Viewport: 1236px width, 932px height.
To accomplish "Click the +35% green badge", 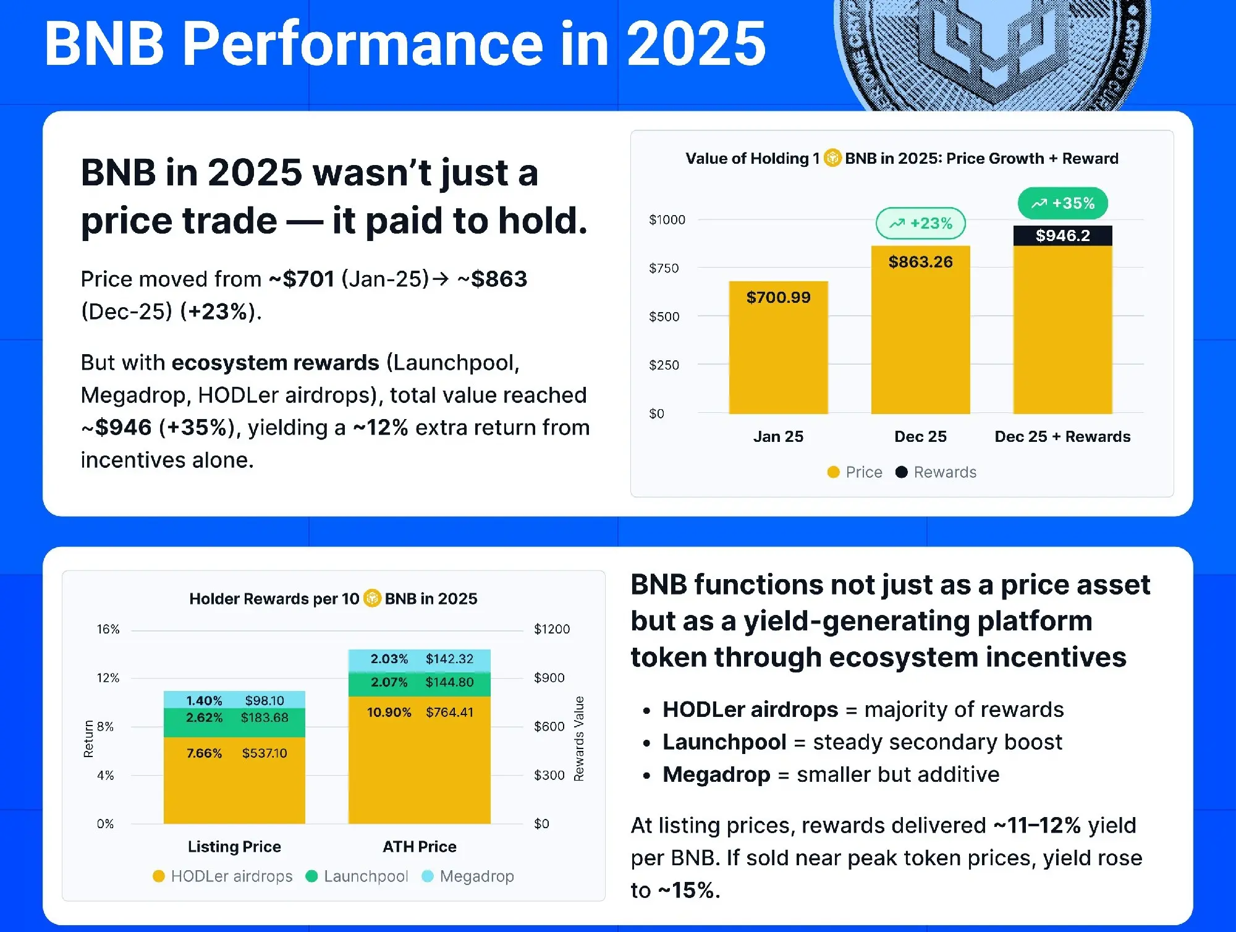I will coord(1062,203).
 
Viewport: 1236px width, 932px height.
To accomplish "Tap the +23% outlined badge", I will coord(920,224).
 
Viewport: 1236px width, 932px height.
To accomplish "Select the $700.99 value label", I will coord(778,297).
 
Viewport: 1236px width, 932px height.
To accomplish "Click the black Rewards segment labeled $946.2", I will coord(1062,235).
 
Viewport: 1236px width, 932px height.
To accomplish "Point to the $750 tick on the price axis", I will coord(664,268).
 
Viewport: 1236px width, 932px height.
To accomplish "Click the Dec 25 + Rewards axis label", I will coord(1062,436).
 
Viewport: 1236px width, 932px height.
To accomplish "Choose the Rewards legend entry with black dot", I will coord(936,472).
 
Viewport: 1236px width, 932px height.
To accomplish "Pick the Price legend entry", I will coord(855,472).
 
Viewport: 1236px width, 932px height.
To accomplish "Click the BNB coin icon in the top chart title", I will coord(832,158).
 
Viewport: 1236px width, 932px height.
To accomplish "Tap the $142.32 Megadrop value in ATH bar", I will coord(449,659).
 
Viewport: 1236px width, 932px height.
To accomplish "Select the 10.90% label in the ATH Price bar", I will coord(389,712).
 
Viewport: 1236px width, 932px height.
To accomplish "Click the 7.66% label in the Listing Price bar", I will coord(204,753).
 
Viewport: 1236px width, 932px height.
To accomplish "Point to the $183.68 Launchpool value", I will coord(265,718).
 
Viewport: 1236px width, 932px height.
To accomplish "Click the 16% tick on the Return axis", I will coord(108,629).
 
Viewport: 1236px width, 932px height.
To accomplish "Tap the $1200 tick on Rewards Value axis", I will coord(552,629).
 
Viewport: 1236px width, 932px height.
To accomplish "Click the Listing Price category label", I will coord(234,847).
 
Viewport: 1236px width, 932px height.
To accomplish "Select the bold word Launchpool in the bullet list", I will coord(724,742).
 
